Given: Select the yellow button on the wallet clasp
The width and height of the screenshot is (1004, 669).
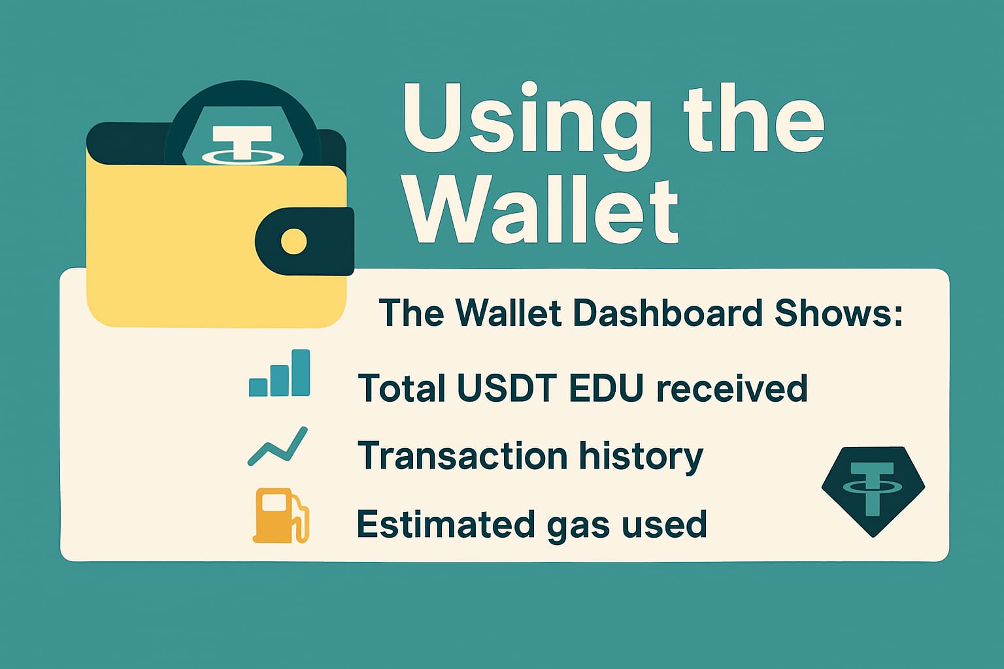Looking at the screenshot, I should [293, 241].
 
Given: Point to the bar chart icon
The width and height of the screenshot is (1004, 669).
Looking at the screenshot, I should [280, 374].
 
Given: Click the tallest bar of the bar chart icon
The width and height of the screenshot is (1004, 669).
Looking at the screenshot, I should [301, 372].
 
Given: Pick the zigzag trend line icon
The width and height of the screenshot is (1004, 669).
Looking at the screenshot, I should [278, 447].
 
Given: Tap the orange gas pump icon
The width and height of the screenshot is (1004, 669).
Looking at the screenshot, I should [280, 516].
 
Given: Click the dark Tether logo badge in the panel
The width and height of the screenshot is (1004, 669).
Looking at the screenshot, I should [873, 490].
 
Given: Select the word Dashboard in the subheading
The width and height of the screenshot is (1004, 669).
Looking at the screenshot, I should [667, 313].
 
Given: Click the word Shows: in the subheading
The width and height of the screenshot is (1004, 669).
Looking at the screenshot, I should [839, 313].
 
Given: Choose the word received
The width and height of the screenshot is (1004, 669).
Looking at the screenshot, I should [731, 388].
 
